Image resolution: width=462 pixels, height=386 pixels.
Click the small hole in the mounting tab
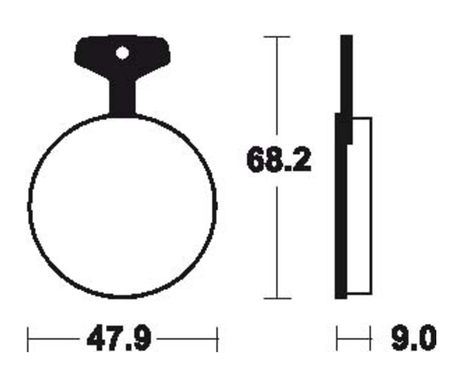(122, 53)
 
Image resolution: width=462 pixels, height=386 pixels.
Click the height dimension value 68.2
(279, 160)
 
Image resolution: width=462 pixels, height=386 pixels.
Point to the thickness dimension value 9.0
(413, 339)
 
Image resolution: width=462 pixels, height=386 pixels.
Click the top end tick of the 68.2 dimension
(277, 37)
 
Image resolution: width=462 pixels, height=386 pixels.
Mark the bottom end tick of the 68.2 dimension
(277, 298)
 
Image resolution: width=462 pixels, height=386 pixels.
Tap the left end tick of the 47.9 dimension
(28, 339)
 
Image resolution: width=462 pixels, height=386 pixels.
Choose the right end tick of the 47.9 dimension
(218, 339)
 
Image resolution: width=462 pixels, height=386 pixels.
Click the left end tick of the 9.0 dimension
(337, 339)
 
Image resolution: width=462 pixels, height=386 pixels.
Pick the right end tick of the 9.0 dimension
(370, 339)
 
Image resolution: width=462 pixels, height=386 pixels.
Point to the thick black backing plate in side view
(340, 216)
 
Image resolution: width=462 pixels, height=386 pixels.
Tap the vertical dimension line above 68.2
(277, 87)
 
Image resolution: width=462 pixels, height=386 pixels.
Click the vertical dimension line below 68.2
(277, 241)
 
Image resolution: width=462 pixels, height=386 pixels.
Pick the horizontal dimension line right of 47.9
(187, 339)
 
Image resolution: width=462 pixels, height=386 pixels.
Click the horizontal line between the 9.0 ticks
(353, 339)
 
